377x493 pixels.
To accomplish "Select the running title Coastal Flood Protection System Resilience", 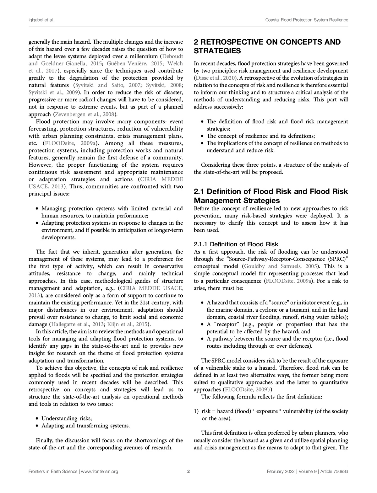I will point(307,20).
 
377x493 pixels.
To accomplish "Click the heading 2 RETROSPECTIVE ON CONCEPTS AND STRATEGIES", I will point(267,46).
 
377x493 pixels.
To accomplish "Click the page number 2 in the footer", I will point(188,471).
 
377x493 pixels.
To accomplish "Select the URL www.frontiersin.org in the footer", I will point(100,471).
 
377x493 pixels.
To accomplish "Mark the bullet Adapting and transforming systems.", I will point(85,426).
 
